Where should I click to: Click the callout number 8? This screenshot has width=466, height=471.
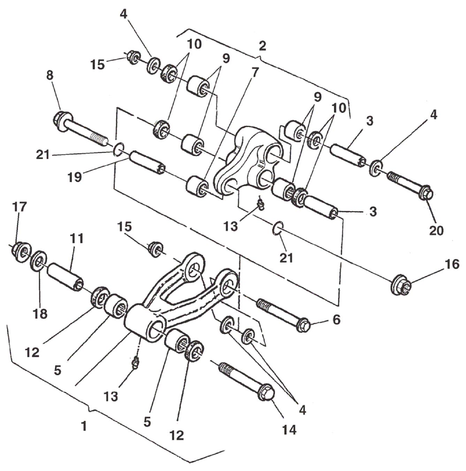click(49, 75)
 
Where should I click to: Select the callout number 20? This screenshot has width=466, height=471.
click(436, 230)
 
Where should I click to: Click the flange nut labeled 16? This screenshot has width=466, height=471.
click(401, 285)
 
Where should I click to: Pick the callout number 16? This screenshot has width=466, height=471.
click(452, 264)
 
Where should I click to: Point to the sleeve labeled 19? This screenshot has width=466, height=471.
click(147, 162)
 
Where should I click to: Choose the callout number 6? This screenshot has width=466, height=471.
click(336, 320)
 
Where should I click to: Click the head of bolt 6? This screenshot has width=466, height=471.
click(303, 324)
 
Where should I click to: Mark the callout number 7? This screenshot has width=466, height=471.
click(255, 72)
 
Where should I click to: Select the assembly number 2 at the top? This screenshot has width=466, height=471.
click(262, 46)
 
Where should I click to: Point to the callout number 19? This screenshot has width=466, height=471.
click(75, 177)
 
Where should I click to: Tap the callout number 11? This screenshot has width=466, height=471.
click(77, 239)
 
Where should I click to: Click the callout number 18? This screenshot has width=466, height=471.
click(40, 313)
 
